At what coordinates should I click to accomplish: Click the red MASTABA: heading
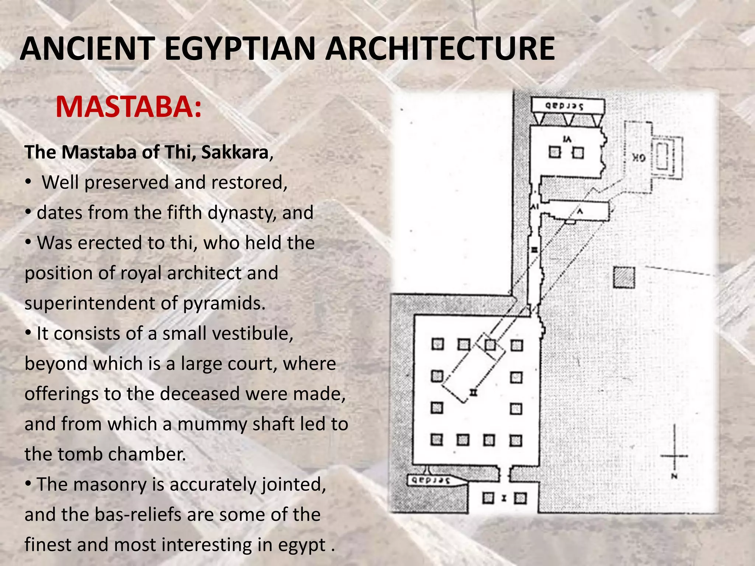coord(129,107)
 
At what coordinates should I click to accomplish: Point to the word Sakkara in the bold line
coord(234,152)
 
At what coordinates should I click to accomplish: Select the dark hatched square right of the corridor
coord(624,277)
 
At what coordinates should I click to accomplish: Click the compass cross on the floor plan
coord(674,455)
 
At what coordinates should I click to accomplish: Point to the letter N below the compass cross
coord(674,476)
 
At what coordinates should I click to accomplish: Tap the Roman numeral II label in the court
coord(474,392)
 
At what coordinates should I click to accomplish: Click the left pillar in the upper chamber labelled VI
coord(554,152)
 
